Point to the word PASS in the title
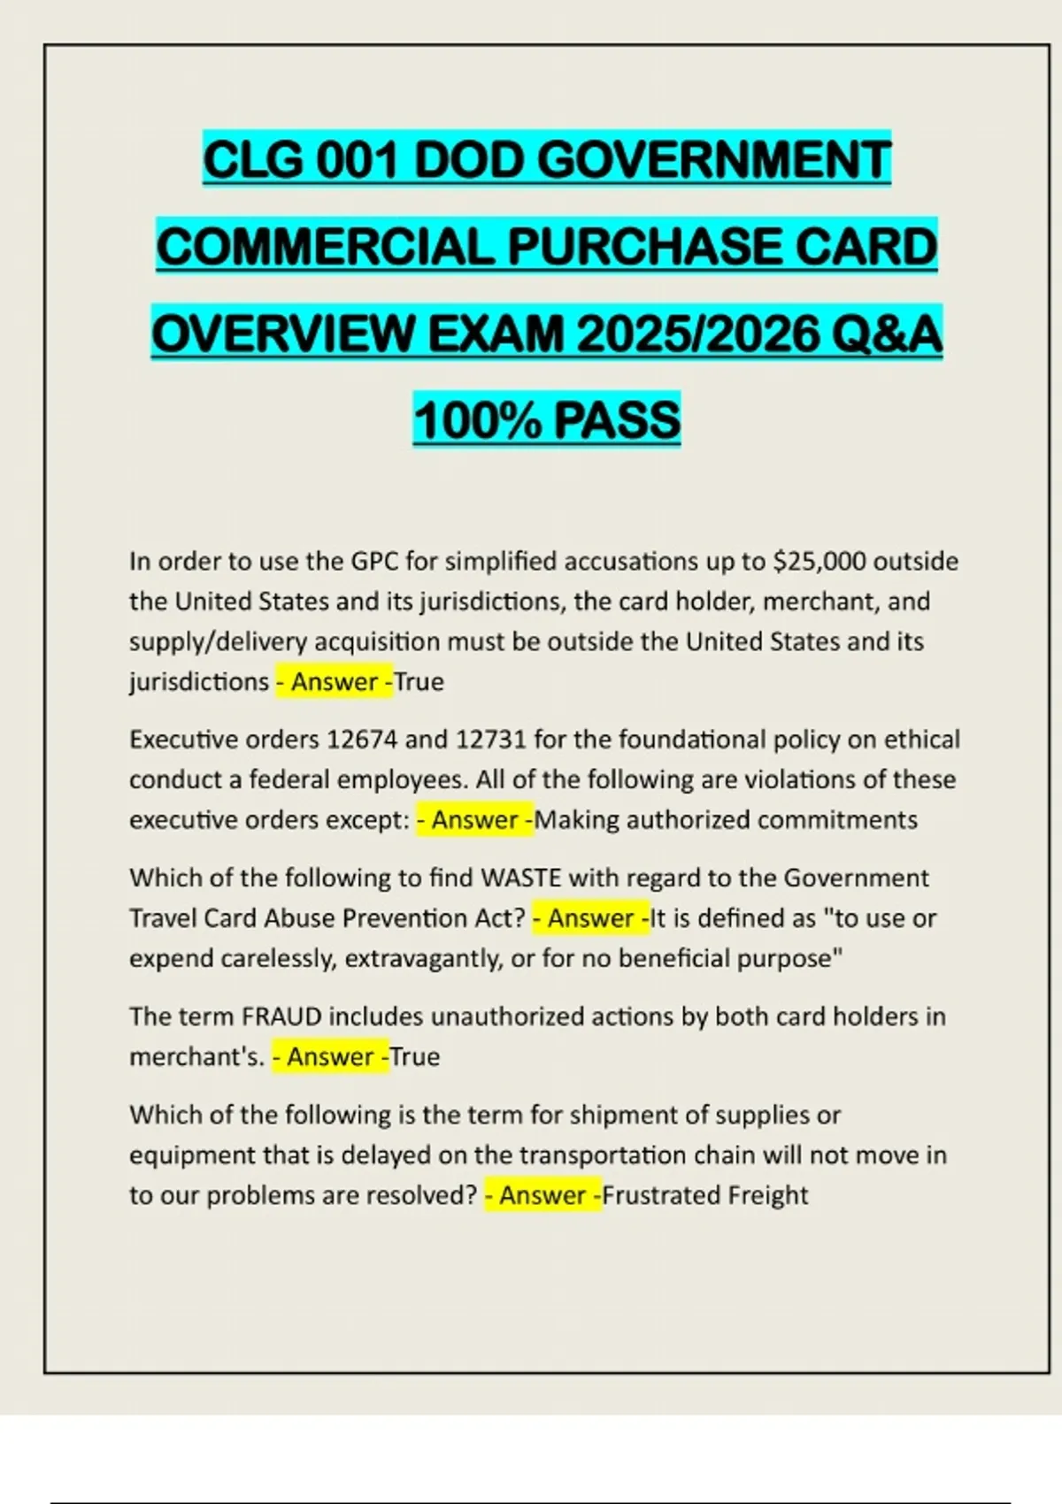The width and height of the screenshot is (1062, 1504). [x=618, y=420]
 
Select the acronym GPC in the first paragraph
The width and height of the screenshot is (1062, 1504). [x=376, y=562]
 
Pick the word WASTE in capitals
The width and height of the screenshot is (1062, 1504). [x=520, y=878]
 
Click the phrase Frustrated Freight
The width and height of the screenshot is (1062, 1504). [x=705, y=1195]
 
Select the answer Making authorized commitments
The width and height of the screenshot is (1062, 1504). [x=727, y=820]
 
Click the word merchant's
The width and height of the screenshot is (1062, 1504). [x=196, y=1057]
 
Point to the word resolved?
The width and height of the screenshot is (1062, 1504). [x=419, y=1195]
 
